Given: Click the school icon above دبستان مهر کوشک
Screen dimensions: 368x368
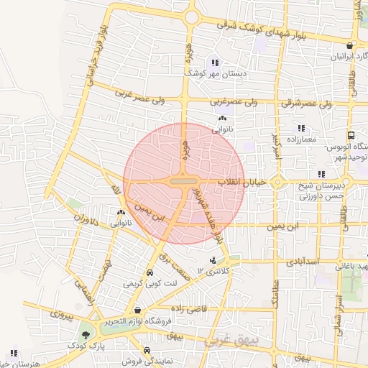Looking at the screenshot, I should [215, 62].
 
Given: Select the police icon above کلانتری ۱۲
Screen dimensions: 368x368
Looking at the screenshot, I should [212, 260].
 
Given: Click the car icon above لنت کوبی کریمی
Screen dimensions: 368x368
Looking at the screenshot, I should [149, 273].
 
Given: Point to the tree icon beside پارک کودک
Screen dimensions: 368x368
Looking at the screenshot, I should [86, 334].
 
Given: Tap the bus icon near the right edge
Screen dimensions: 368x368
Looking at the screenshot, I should [351, 134].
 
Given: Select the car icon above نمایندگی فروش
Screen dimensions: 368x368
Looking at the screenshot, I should [147, 351].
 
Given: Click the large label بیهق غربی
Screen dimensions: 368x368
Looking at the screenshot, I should [233, 339].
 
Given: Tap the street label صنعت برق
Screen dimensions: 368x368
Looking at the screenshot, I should [172, 262].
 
